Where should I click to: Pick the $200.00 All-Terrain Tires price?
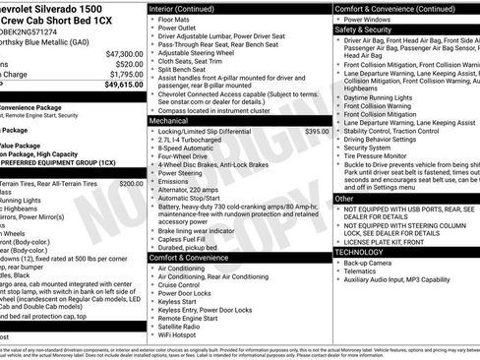(130, 183)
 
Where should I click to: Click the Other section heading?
(345, 199)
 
